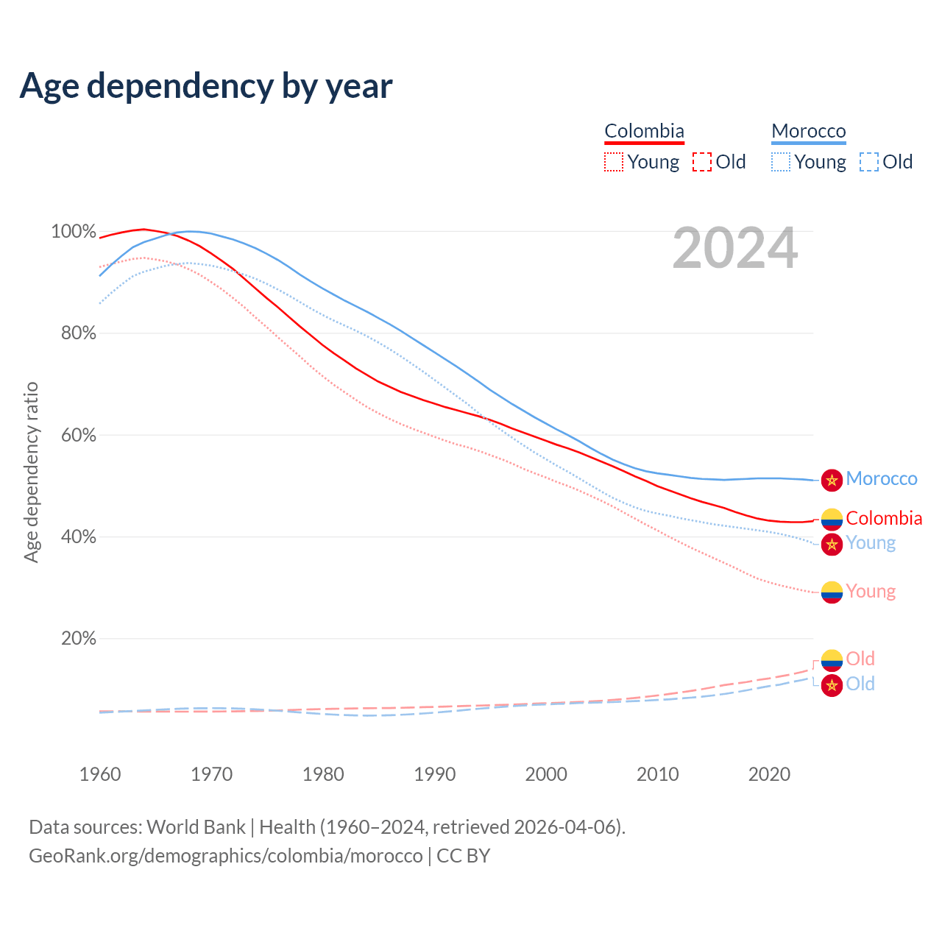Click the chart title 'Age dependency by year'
[x=206, y=86]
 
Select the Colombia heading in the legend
[x=644, y=131]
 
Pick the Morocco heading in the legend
[x=809, y=131]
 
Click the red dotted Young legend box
[x=614, y=162]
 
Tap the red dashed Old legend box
[x=702, y=162]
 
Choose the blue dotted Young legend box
[x=781, y=162]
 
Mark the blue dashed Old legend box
[x=869, y=162]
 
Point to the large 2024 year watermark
[x=734, y=248]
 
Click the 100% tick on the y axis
[x=74, y=232]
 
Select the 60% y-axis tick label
[x=78, y=435]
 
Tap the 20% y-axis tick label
[x=78, y=638]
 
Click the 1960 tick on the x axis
[x=100, y=774]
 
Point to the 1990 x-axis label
[x=435, y=774]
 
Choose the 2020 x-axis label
[x=769, y=774]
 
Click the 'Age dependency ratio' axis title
[x=31, y=472]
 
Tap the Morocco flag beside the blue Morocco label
[x=832, y=480]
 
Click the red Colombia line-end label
[x=884, y=518]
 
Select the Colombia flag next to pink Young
[x=832, y=592]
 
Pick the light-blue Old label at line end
[x=860, y=684]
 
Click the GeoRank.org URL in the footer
[x=226, y=856]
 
